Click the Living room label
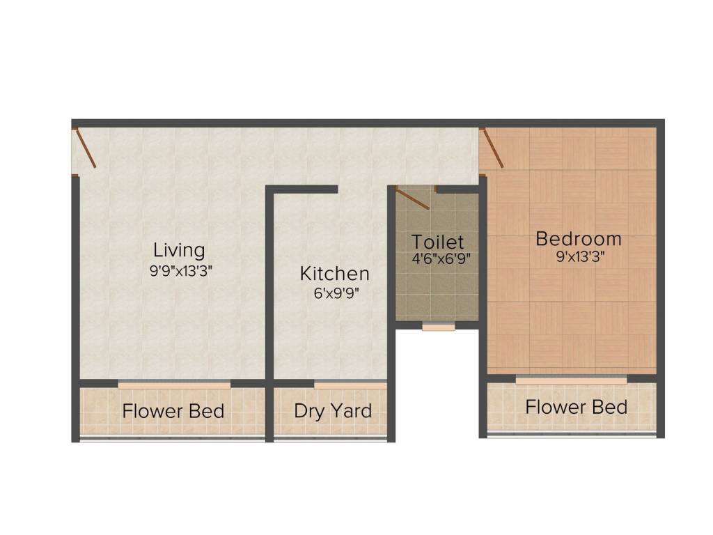point(179,249)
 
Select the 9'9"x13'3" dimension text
point(180,271)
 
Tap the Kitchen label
point(334,273)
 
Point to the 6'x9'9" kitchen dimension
point(336,293)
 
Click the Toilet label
point(437,242)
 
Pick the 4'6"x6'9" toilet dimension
point(437,258)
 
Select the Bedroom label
point(578,239)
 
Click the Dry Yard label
point(332,410)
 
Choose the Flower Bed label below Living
point(173,411)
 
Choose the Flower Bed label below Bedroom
point(576,407)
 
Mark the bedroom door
point(492,148)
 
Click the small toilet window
point(438,325)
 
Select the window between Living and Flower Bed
point(174,384)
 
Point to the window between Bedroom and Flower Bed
point(571,380)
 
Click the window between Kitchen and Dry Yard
point(350,384)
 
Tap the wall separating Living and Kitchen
point(269,286)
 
